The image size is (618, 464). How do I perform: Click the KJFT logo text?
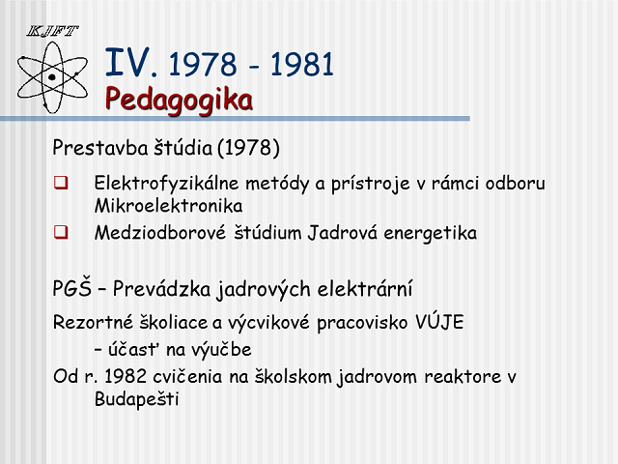tap(52, 31)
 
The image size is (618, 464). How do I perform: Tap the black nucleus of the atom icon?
tap(51, 77)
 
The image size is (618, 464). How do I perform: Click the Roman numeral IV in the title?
tap(128, 62)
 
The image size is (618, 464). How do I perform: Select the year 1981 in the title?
tap(302, 65)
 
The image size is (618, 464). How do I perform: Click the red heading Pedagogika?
tap(179, 101)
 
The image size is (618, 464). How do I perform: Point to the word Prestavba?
tap(100, 148)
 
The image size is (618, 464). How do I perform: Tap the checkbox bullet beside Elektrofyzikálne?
tap(61, 183)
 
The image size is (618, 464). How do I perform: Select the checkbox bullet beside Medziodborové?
tap(61, 232)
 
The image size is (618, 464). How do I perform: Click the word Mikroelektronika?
tap(168, 206)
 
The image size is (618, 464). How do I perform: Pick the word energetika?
tap(431, 233)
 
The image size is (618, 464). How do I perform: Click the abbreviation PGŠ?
tap(71, 288)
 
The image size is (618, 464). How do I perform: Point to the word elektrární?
tap(365, 288)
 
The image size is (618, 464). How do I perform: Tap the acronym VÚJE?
tap(439, 322)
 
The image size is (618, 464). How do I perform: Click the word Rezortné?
tap(93, 322)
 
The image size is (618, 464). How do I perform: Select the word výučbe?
tap(209, 350)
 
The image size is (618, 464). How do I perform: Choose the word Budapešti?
tap(137, 399)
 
